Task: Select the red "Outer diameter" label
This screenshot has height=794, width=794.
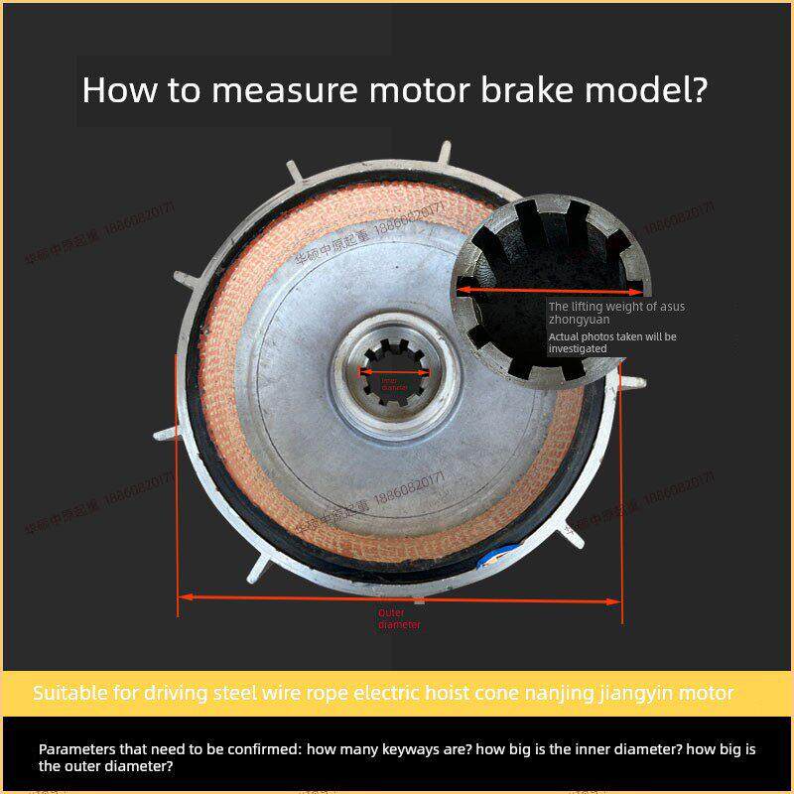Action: (x=399, y=619)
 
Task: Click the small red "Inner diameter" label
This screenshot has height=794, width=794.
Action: (x=395, y=383)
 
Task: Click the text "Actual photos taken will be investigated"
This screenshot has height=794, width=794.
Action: (x=612, y=342)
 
